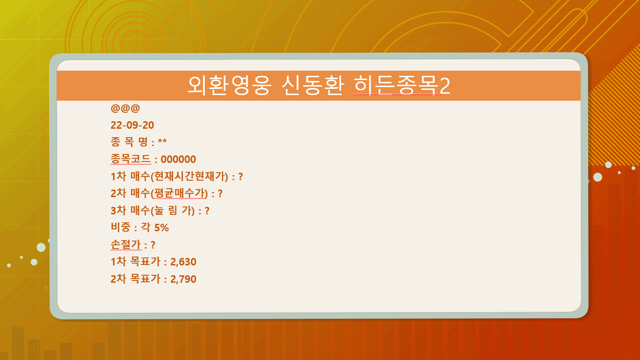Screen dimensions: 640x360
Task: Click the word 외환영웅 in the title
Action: (229, 85)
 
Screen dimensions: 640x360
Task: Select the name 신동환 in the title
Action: (313, 85)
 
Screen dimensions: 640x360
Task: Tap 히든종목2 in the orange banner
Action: (402, 85)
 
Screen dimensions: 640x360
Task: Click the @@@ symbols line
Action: (125, 108)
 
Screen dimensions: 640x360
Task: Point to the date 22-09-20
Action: (132, 125)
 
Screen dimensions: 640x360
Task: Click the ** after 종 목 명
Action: (162, 141)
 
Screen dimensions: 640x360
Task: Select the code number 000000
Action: (178, 159)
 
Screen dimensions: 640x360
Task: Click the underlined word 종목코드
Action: (131, 159)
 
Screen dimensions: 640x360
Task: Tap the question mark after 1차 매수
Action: (240, 176)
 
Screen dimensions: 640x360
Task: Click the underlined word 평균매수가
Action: (180, 193)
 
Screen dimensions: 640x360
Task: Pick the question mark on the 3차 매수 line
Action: (207, 211)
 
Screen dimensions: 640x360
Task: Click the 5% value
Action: (161, 228)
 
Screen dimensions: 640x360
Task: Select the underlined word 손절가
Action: (126, 244)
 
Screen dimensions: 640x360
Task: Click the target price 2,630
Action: (183, 262)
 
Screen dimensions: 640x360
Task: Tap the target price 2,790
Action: (183, 279)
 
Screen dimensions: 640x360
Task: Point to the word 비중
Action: (120, 228)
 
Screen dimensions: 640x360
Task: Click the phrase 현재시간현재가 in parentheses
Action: (189, 176)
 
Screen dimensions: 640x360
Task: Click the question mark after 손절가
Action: (153, 245)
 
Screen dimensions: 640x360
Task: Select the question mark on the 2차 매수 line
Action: (220, 194)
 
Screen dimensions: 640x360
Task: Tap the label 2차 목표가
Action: (135, 279)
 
